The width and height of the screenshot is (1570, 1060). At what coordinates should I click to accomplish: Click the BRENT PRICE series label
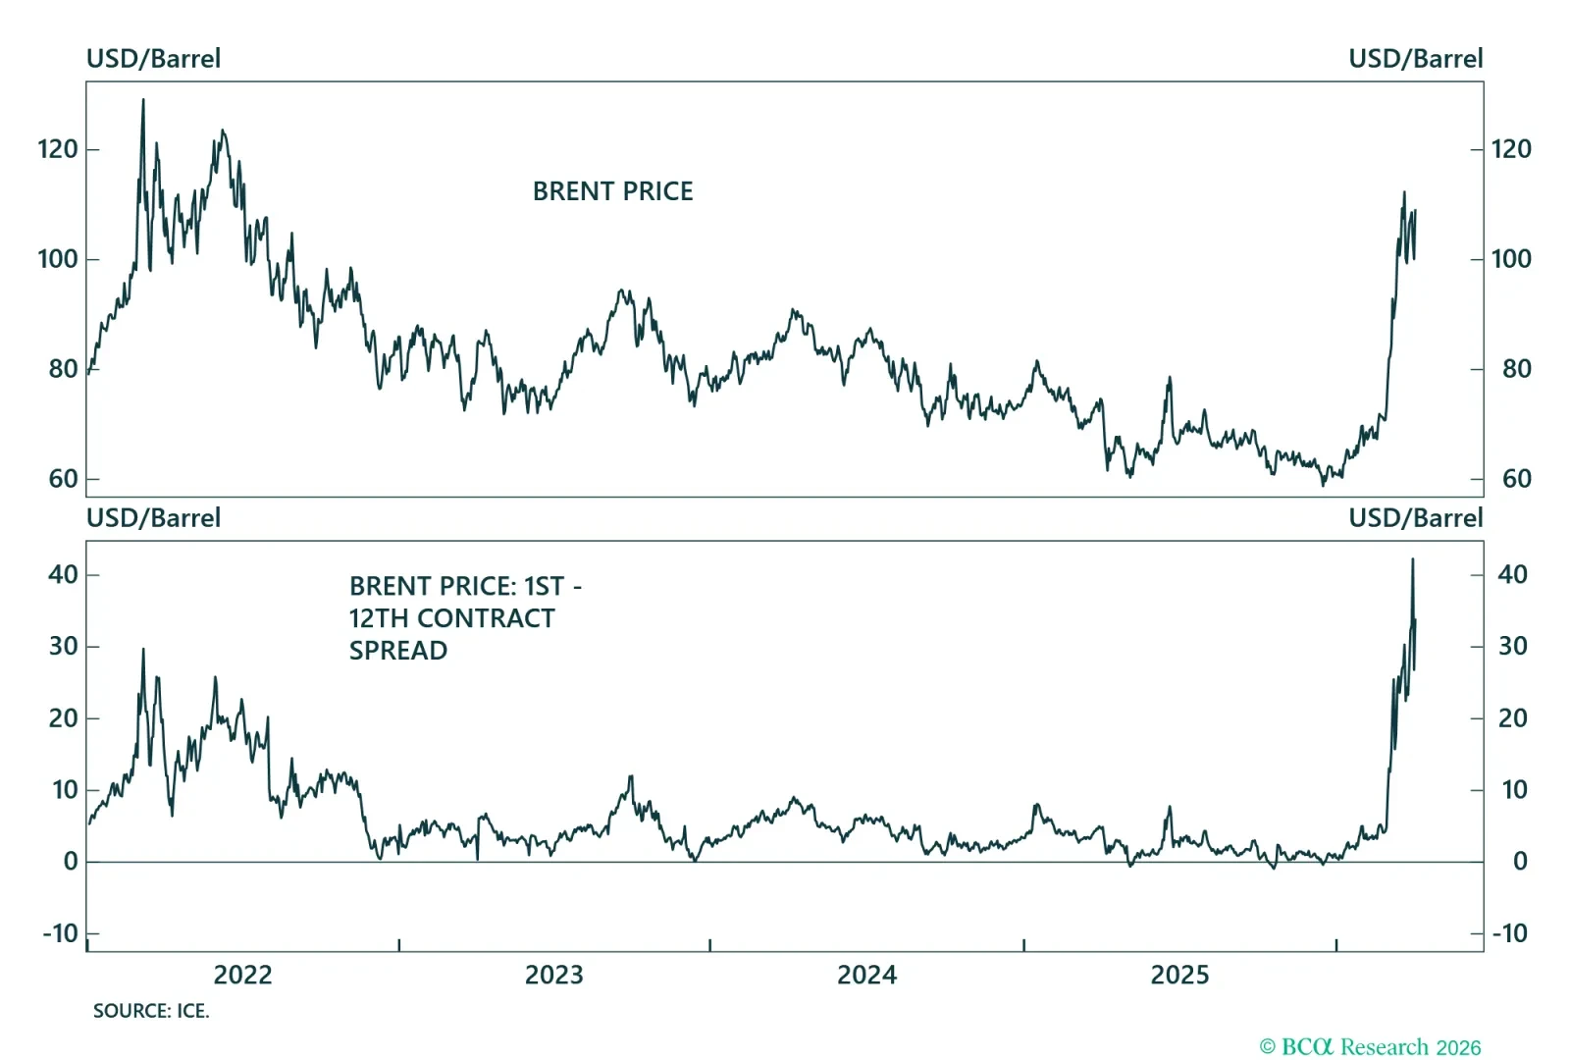612,190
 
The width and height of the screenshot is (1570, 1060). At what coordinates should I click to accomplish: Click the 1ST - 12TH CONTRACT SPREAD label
464,617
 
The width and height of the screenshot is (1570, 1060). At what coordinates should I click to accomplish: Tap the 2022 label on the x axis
242,975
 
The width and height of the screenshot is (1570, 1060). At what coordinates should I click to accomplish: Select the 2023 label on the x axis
553,975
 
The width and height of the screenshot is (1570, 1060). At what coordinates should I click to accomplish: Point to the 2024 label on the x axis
866,975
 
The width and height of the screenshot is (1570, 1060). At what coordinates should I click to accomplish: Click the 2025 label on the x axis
1179,975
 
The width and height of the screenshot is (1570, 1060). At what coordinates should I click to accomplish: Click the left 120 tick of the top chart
57,149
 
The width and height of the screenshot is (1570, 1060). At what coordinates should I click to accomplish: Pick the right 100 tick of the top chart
1510,259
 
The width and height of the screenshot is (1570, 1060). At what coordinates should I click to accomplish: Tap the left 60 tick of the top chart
62,479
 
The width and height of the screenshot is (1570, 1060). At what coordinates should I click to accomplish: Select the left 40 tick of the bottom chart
62,574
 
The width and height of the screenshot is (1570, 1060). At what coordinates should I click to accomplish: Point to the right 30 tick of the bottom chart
1512,646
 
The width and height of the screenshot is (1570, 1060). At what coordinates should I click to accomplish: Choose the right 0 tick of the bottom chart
1519,862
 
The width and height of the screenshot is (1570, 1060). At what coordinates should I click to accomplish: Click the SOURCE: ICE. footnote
151,1011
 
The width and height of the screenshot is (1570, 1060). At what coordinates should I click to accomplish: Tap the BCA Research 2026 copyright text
1370,1047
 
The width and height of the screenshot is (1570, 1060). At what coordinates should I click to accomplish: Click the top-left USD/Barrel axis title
153,59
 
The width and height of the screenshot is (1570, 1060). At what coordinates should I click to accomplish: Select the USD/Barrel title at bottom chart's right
1415,518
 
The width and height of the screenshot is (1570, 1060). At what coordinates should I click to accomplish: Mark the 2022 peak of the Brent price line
143,99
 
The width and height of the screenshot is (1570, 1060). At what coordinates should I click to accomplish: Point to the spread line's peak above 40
1412,559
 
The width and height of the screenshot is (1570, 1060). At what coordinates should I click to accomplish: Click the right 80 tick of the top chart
1516,369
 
